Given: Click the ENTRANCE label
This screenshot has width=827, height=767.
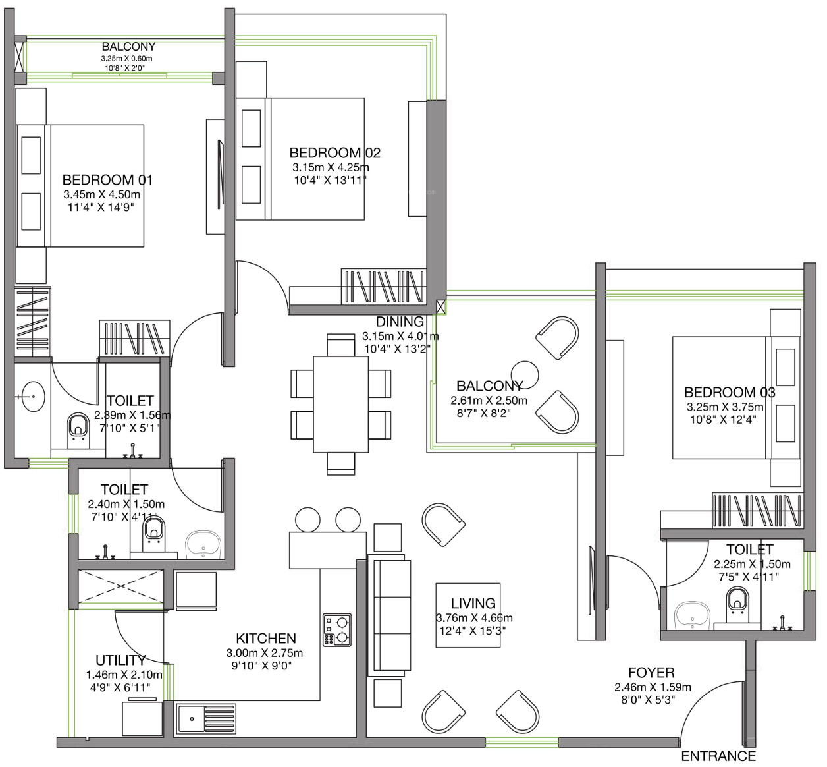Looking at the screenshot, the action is (x=718, y=756).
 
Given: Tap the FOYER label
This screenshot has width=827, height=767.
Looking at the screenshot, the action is (x=651, y=672).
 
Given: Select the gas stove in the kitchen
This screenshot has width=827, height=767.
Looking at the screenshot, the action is (x=337, y=630).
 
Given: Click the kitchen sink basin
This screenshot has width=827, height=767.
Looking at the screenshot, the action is (x=191, y=719).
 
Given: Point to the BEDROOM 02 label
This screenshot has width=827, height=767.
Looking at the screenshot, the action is (x=334, y=153).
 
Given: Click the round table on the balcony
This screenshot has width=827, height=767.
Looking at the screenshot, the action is (x=525, y=375).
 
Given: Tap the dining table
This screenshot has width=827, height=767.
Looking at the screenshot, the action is (x=340, y=405).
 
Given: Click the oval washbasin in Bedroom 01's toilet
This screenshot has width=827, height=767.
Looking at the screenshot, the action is (x=33, y=397).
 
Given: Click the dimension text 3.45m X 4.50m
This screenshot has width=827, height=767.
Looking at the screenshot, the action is (x=101, y=194).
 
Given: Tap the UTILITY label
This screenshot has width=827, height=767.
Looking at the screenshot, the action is (x=120, y=660).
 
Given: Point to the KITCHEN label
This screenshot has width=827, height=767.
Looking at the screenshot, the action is (x=266, y=639).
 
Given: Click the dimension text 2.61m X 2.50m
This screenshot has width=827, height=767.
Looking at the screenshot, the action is (x=489, y=400).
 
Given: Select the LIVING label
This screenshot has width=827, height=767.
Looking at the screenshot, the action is (x=473, y=603).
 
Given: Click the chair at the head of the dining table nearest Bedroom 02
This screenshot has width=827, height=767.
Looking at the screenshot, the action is (x=341, y=345).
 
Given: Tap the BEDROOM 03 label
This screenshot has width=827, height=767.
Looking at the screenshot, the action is (x=730, y=392).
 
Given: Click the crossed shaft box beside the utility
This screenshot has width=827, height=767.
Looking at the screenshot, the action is (x=120, y=586).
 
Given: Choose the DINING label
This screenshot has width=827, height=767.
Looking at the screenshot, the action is (x=400, y=322).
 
